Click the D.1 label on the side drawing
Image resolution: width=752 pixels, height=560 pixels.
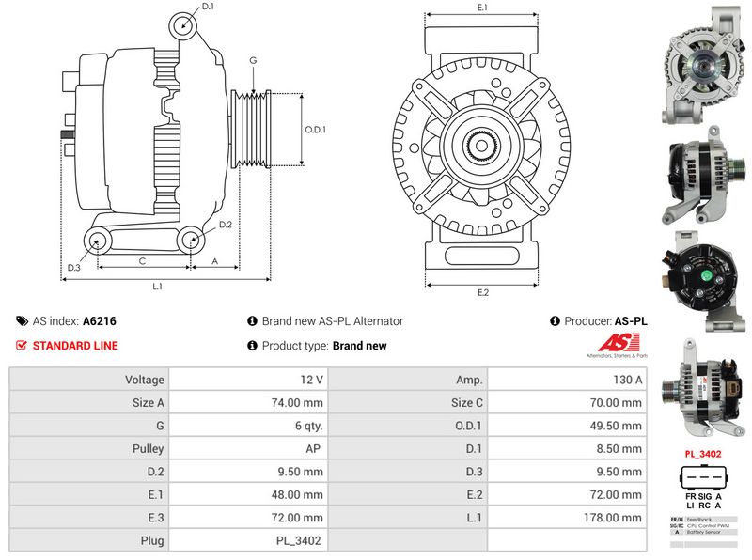[x=208, y=7]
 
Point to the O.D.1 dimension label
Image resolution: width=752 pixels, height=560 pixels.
[x=314, y=130]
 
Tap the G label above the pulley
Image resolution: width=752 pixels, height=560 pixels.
[x=253, y=60]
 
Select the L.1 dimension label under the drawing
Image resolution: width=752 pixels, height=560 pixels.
[x=158, y=286]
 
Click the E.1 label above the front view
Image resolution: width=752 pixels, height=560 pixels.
[x=482, y=8]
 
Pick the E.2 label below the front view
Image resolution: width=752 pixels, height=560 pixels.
[x=482, y=293]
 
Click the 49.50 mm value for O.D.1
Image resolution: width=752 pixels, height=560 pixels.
[x=619, y=426]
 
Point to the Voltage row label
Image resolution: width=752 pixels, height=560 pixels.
[x=145, y=380]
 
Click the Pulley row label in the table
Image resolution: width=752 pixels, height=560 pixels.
[x=149, y=448]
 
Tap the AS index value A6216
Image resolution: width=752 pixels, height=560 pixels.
[x=100, y=321]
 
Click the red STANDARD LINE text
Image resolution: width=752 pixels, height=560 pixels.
[x=75, y=346]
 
